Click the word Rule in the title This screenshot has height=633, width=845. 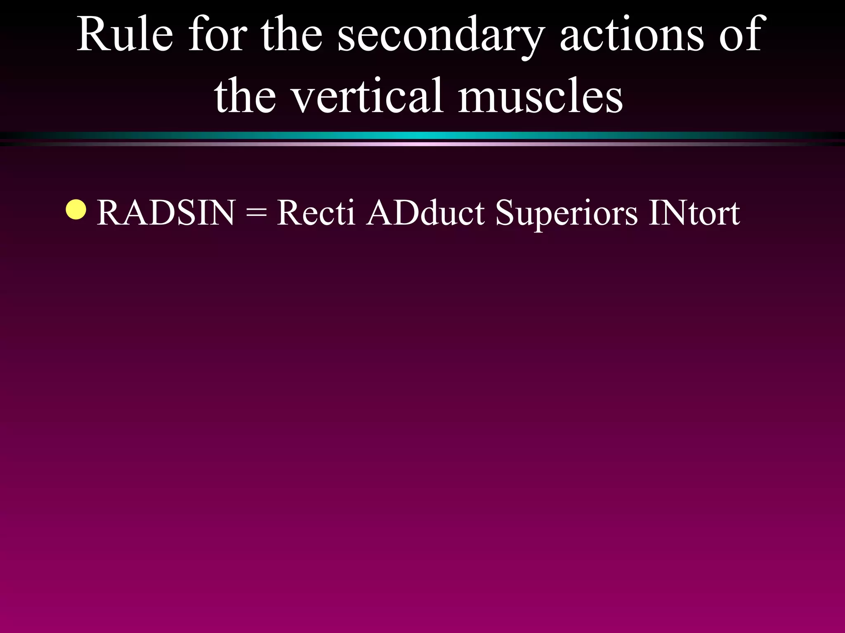(x=125, y=35)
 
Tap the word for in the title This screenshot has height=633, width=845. (x=217, y=35)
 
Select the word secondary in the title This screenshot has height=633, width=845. (x=440, y=37)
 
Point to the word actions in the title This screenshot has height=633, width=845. (x=632, y=35)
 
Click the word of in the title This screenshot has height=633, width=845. (x=743, y=35)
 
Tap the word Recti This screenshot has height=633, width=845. (x=316, y=213)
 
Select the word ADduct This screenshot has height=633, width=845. (x=425, y=213)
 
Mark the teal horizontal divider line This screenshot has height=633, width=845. (x=422, y=136)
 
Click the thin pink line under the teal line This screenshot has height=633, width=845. (x=422, y=144)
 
